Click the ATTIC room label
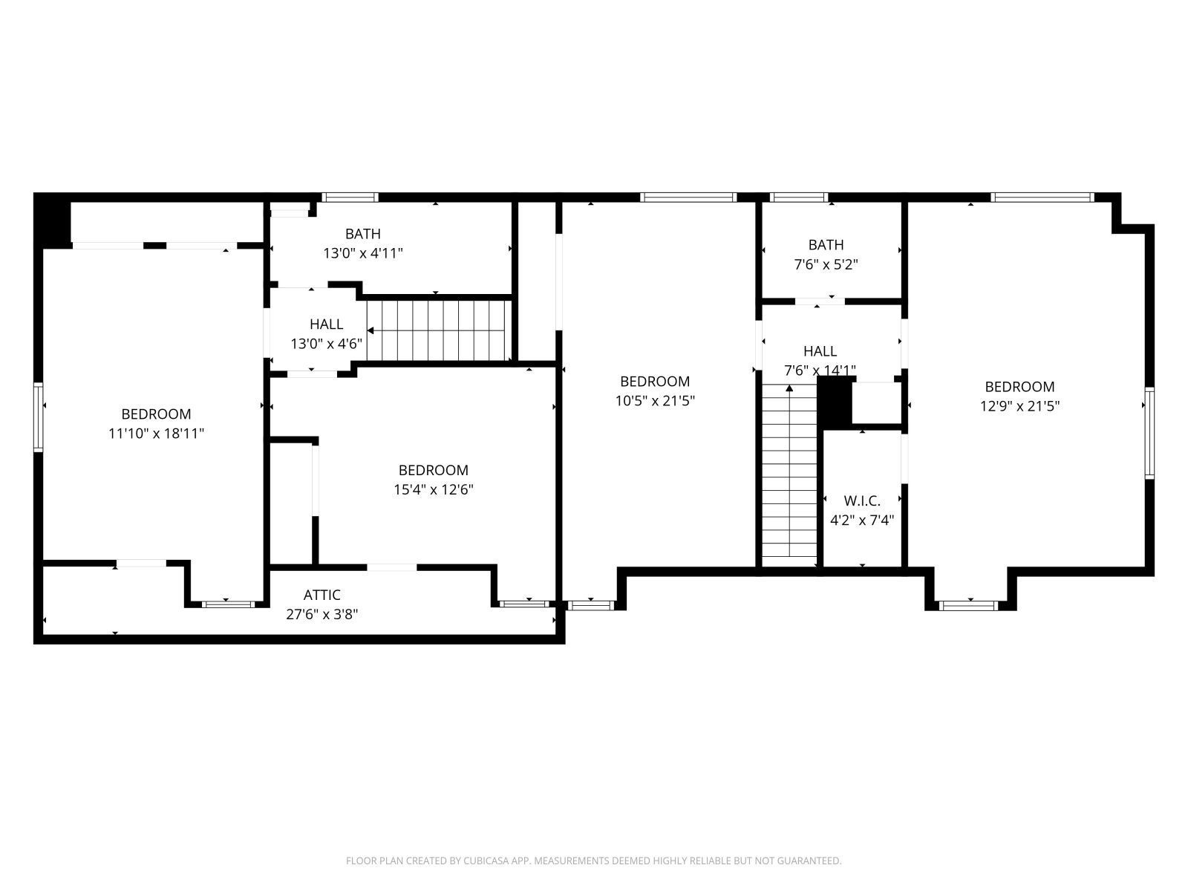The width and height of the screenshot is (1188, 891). point(322,595)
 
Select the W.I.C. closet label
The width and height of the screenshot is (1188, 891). point(861,501)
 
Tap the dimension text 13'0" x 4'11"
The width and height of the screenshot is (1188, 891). point(362,253)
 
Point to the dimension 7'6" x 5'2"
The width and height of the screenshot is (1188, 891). point(826,264)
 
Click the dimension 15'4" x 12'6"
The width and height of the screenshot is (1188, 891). point(433,489)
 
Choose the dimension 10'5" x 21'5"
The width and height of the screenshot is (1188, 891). point(655,401)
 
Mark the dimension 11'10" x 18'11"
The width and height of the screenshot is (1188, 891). point(156,433)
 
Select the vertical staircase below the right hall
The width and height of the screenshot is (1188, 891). point(790,475)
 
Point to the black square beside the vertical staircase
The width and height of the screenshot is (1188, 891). point(834,402)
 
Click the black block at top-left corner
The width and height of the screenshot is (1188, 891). point(52,220)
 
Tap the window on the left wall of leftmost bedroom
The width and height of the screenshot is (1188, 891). point(39,417)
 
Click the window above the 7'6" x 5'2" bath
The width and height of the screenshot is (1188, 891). point(799,198)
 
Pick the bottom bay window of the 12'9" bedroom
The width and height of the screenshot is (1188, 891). point(969,605)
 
